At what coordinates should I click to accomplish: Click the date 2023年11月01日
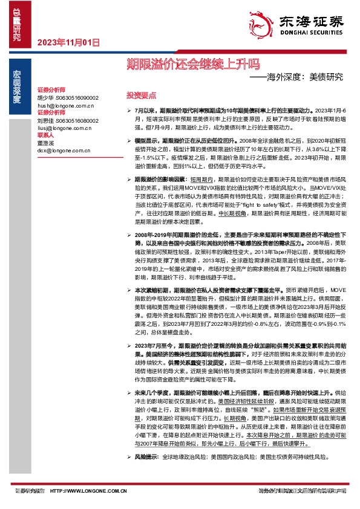click(68, 42)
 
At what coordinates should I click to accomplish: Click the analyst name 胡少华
click(46, 97)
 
